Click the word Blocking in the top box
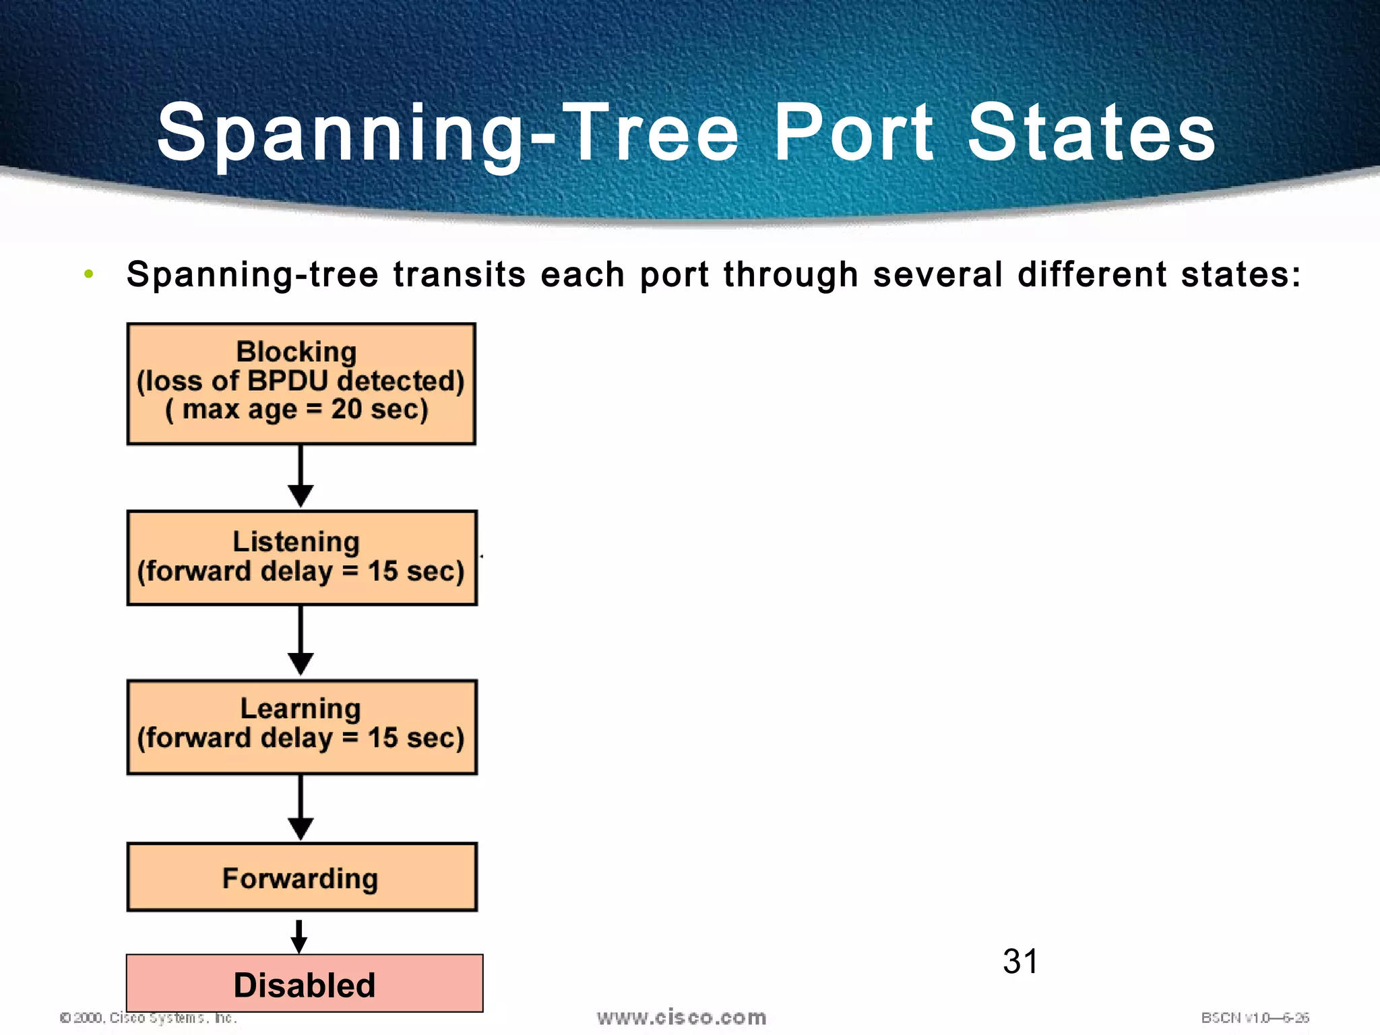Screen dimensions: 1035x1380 coord(296,352)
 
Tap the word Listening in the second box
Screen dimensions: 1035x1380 coord(296,542)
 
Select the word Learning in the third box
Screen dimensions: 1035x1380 coord(301,709)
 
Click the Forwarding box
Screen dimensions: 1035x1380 coord(301,877)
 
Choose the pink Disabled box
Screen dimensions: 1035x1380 coord(305,984)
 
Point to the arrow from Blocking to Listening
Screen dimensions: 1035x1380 coord(301,476)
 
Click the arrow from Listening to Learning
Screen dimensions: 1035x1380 coord(301,641)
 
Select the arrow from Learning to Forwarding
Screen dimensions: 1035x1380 coord(301,807)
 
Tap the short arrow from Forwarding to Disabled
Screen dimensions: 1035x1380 coord(299,937)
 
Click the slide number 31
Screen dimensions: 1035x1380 coord(1020,962)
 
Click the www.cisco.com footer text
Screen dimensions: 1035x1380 coord(681,1017)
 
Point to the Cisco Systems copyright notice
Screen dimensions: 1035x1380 coord(149,1017)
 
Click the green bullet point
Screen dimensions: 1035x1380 coord(88,274)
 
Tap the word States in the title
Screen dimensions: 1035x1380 coord(1092,133)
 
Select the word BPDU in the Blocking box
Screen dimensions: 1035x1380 coord(288,381)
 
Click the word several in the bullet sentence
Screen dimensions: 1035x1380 coord(937,275)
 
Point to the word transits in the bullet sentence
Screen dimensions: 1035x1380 coord(459,275)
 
